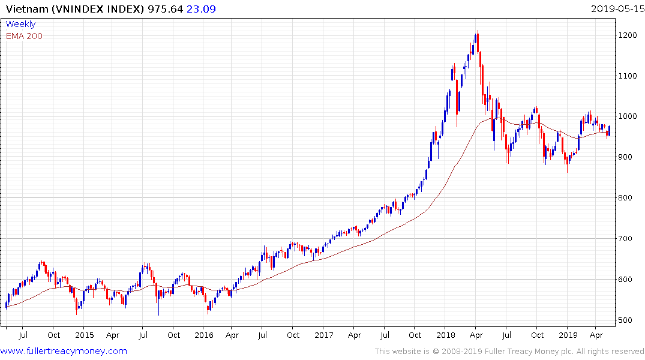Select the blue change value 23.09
pos(203,8)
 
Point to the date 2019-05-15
pos(616,8)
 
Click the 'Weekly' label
pos(20,24)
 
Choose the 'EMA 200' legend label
pos(24,35)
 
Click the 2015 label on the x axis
pos(85,335)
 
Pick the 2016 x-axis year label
pos(204,335)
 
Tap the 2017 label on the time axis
pos(324,335)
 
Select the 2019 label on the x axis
pos(567,335)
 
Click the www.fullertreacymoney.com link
pos(64,351)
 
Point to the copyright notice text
pos(509,351)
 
